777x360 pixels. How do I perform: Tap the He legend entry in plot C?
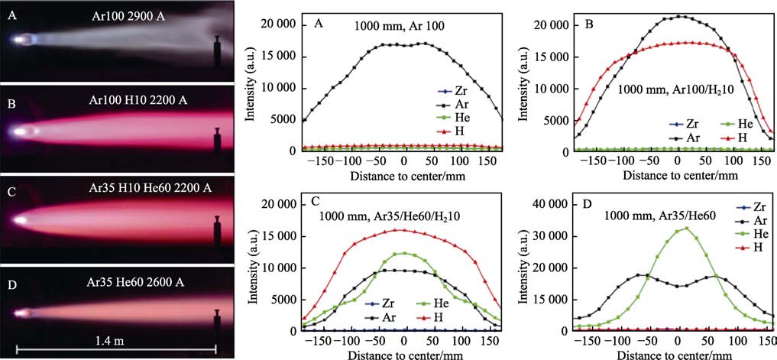click(429, 303)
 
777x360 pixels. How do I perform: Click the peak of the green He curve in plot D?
click(685, 228)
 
